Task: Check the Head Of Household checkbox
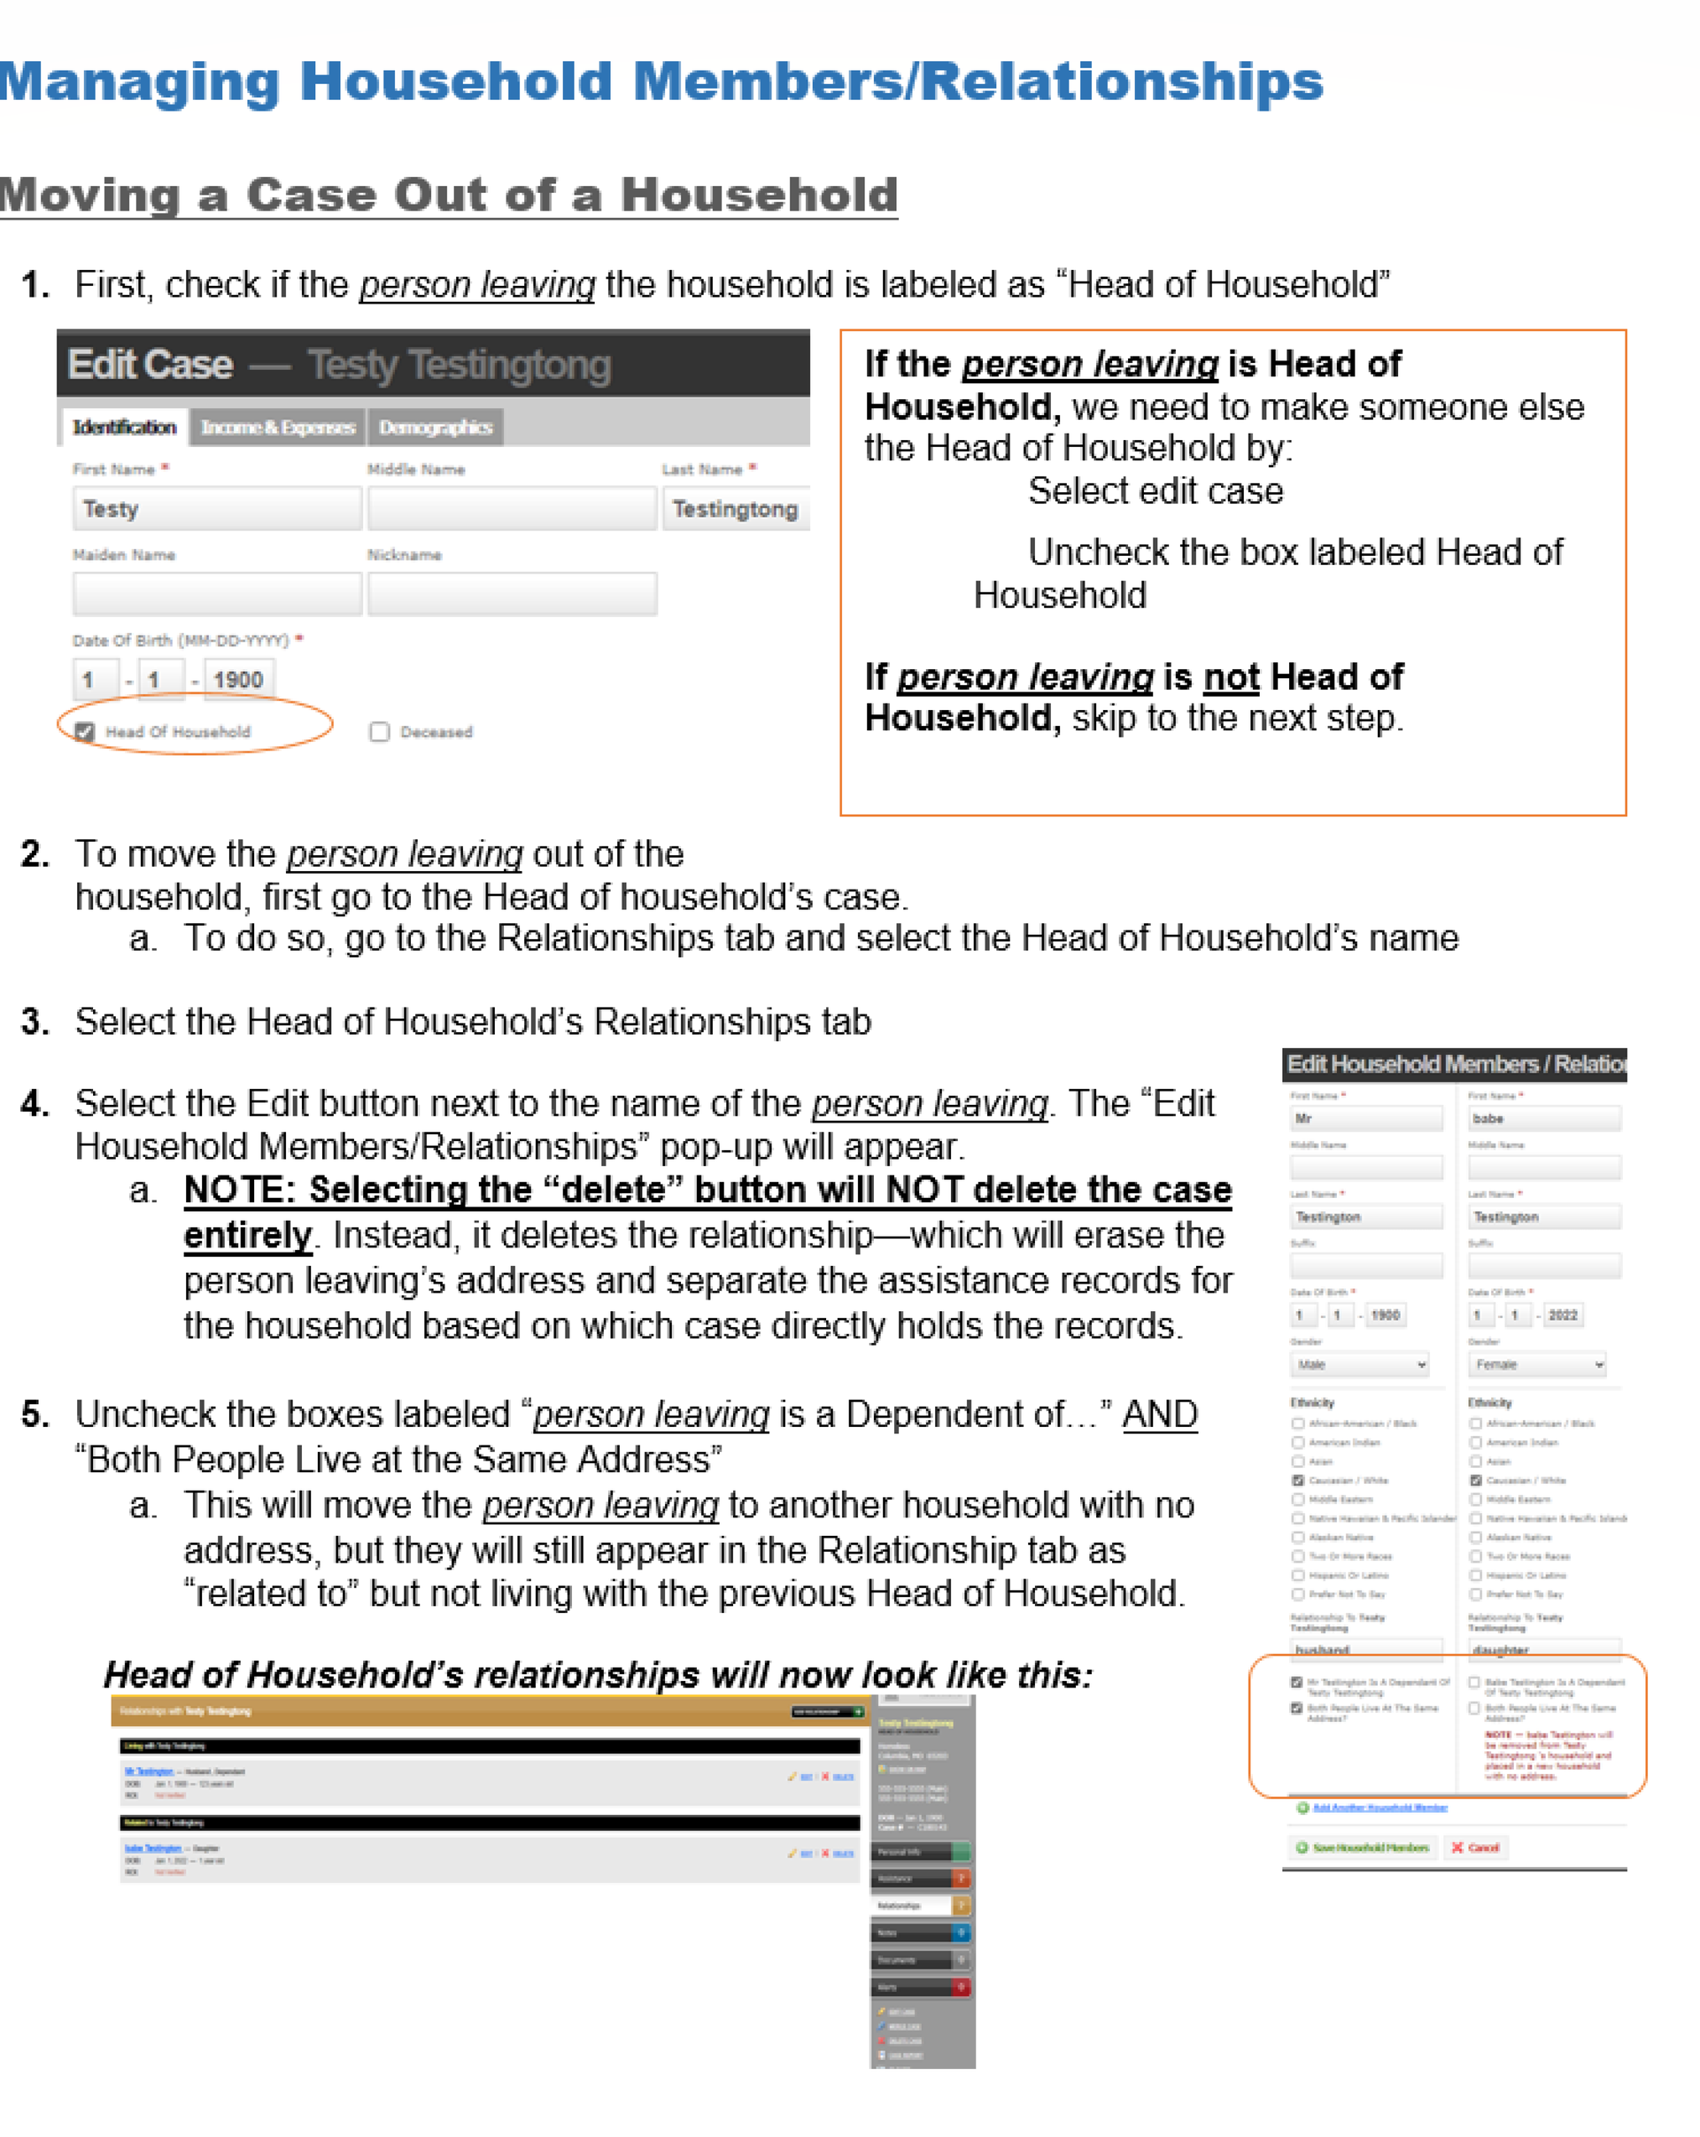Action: pyautogui.click(x=85, y=731)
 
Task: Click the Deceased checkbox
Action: pyautogui.click(x=379, y=731)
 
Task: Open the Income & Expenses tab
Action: pyautogui.click(x=277, y=428)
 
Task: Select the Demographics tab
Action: pyautogui.click(x=435, y=428)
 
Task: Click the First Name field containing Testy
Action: pyautogui.click(x=216, y=508)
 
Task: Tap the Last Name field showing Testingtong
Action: pyautogui.click(x=735, y=508)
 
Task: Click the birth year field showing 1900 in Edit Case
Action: pyautogui.click(x=238, y=680)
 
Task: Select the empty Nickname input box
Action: pyautogui.click(x=512, y=594)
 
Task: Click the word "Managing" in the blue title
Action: pyautogui.click(x=140, y=81)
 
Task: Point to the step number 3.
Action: pyautogui.click(x=35, y=1021)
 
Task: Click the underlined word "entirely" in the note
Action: pyautogui.click(x=248, y=1235)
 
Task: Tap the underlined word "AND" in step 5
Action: pyautogui.click(x=1160, y=1415)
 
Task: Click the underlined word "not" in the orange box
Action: pyautogui.click(x=1231, y=677)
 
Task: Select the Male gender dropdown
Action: pyautogui.click(x=1359, y=1365)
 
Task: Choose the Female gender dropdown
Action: pyautogui.click(x=1536, y=1365)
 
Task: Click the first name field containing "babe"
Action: pyautogui.click(x=1543, y=1119)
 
